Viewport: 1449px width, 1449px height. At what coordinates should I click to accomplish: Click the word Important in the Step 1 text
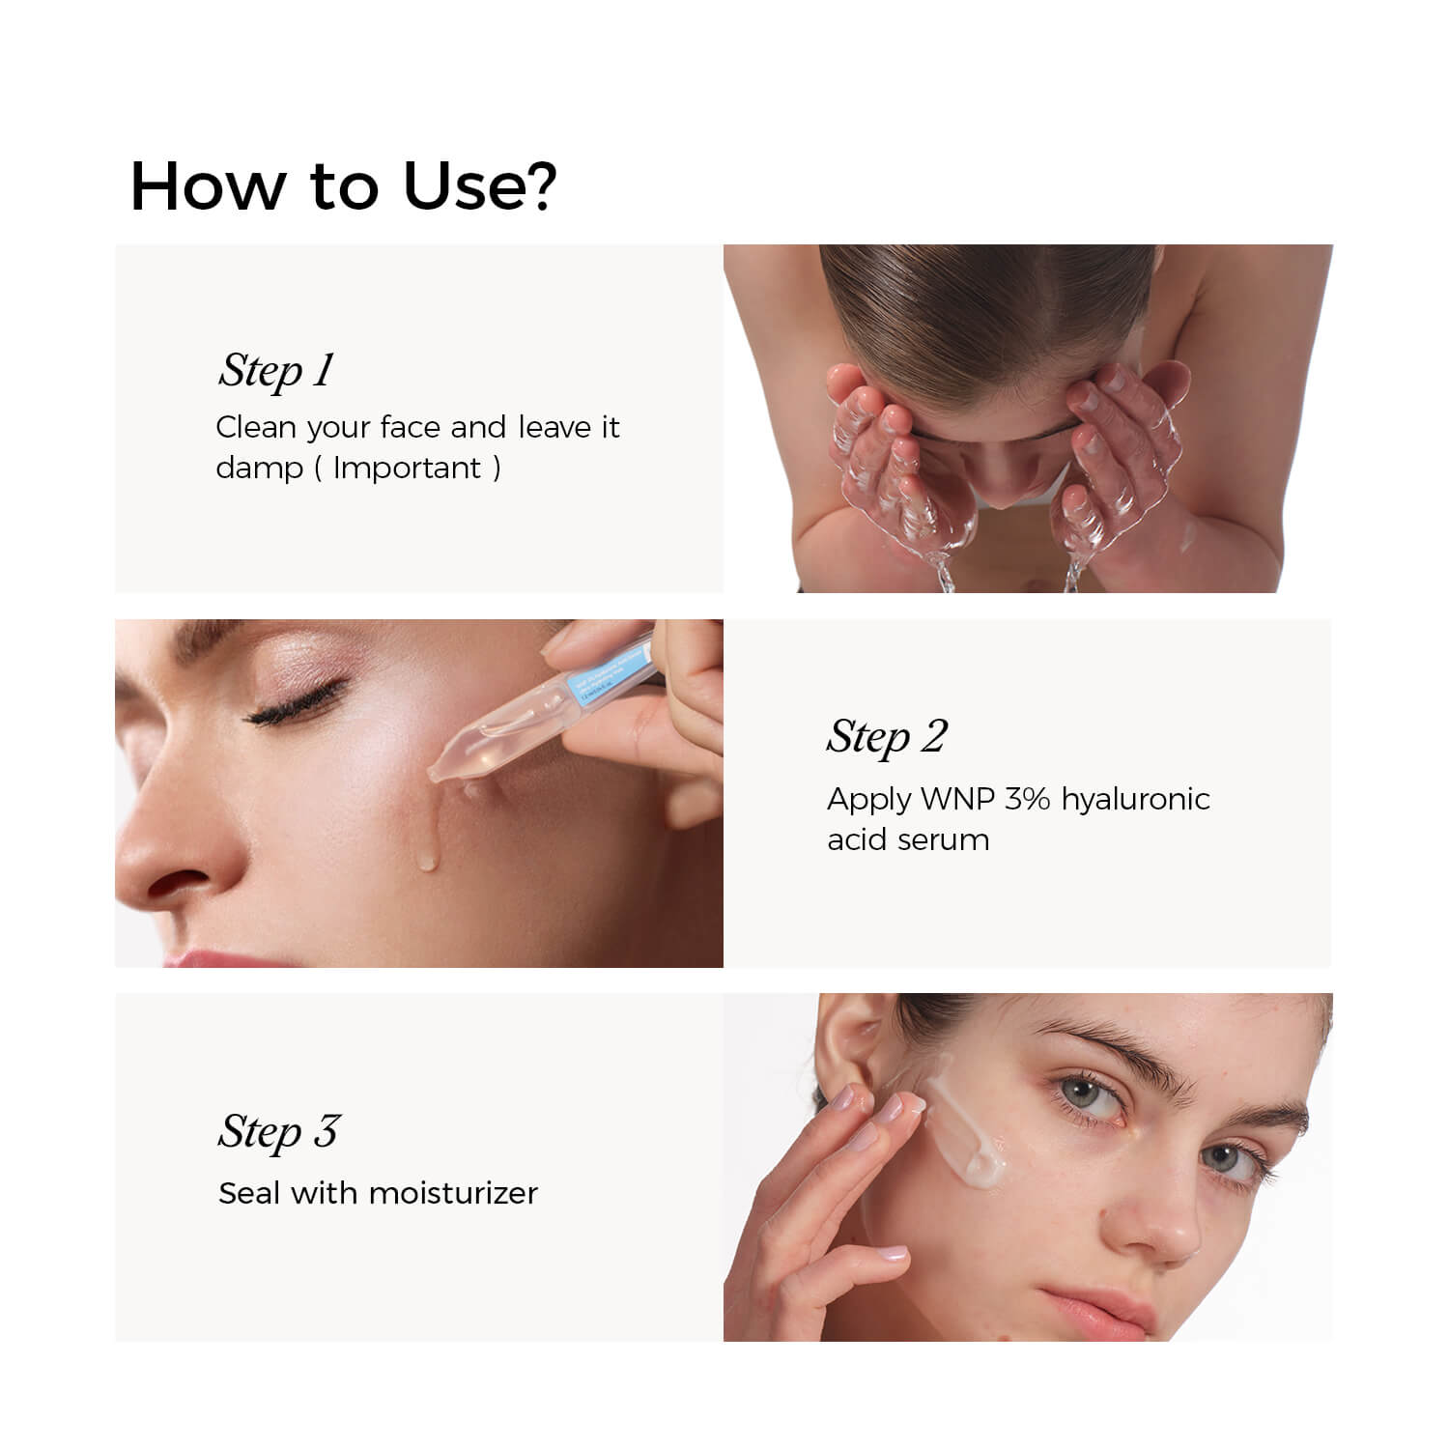click(x=407, y=469)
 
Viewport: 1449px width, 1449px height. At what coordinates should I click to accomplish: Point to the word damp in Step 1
click(x=258, y=469)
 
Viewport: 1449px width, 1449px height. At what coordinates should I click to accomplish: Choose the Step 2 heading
click(x=887, y=738)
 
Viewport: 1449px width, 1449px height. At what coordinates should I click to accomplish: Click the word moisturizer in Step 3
click(x=453, y=1194)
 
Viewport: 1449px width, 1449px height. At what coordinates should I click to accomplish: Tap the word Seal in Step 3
click(x=249, y=1194)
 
